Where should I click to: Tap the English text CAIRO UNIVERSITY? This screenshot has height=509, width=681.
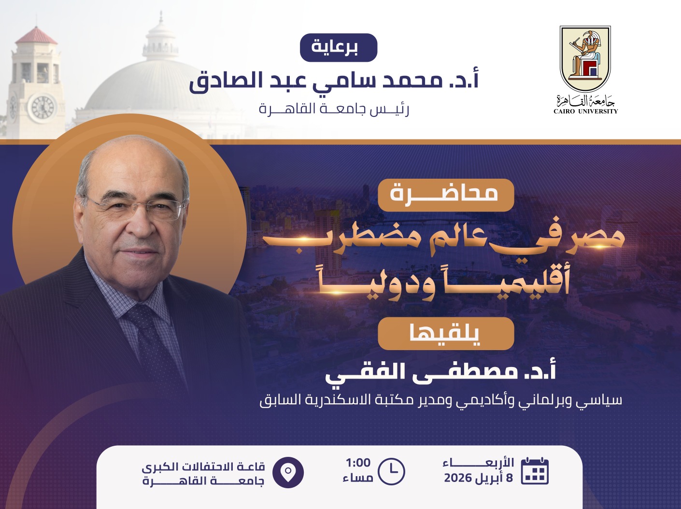pos(586,112)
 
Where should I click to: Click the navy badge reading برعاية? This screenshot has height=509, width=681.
pos(339,47)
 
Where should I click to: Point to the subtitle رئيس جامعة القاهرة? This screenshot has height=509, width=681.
pos(334,109)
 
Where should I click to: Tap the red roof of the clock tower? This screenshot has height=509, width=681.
pos(36,36)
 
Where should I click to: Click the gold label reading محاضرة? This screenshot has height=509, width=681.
pos(445,195)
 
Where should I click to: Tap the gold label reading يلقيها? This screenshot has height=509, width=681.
pos(445,333)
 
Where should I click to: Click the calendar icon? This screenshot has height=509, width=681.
pos(535,470)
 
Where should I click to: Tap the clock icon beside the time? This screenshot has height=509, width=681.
pos(392,471)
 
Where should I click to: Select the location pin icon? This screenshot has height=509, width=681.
pos(288,472)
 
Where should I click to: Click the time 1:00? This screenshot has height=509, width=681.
pos(358,463)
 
